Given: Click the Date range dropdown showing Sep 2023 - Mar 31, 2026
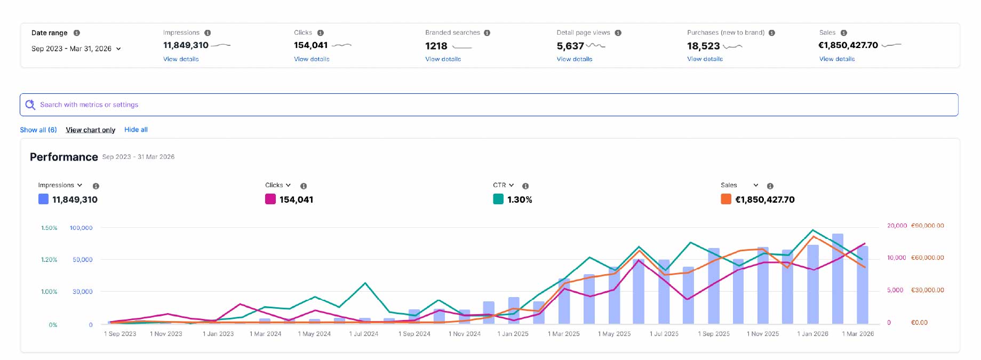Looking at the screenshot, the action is click(76, 49).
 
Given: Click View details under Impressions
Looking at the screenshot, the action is click(181, 59).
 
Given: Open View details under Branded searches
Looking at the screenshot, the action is click(443, 59).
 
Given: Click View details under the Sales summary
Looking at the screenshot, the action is click(837, 59).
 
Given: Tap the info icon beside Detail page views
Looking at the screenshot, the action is click(618, 33).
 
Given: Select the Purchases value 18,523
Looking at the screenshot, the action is click(703, 46).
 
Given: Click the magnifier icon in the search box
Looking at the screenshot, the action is click(30, 105).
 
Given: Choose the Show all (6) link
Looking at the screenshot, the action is click(38, 130).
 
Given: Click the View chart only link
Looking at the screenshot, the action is click(91, 130).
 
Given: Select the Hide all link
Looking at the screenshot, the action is click(136, 130).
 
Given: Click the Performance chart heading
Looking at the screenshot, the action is click(64, 157).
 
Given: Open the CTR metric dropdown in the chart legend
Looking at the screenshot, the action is click(504, 185).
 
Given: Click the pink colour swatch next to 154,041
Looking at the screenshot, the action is click(270, 199).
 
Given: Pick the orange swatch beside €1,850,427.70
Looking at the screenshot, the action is click(726, 199).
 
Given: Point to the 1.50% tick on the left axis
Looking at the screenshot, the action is click(49, 228).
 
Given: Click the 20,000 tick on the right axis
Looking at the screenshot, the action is click(897, 226).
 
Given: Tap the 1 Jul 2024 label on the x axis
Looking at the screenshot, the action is click(364, 334).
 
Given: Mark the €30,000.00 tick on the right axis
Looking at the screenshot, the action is click(928, 290).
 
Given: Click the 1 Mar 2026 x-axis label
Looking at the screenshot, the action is click(858, 334).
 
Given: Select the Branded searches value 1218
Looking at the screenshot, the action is click(436, 46).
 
